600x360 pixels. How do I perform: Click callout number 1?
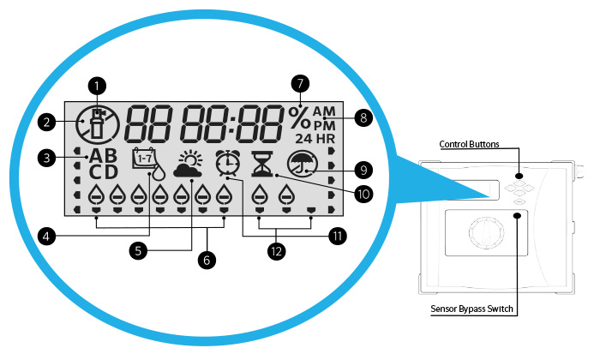pyautogui.click(x=99, y=86)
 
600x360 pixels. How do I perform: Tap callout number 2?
pyautogui.click(x=47, y=122)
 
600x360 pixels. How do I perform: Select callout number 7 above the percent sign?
pyautogui.click(x=299, y=83)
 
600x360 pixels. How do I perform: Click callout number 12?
pyautogui.click(x=277, y=251)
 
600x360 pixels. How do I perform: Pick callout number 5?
pyautogui.click(x=136, y=250)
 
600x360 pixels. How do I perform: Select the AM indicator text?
pyautogui.click(x=325, y=111)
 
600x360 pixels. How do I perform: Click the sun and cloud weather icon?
pyautogui.click(x=189, y=163)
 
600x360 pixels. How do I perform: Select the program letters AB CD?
pyautogui.click(x=107, y=163)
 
